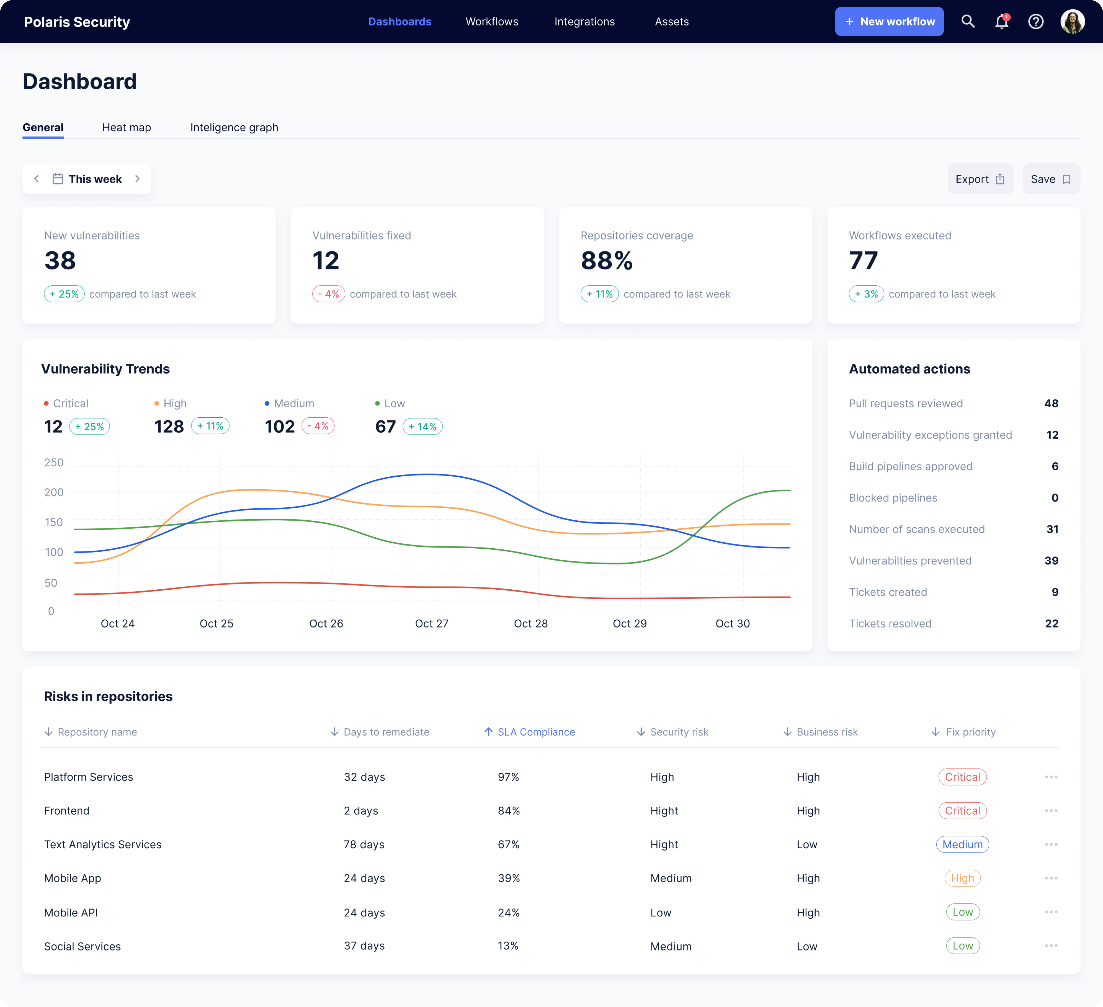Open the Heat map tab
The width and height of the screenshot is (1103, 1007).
point(126,127)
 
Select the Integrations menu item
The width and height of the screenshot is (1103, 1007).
point(584,21)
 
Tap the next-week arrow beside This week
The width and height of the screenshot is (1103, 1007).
point(137,179)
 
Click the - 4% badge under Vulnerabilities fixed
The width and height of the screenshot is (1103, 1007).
point(328,294)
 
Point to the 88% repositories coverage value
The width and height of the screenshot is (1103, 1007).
point(606,261)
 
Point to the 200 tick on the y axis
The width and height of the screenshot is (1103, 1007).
point(54,492)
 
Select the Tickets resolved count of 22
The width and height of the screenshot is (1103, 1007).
point(1051,623)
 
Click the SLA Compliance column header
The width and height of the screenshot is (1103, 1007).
point(536,732)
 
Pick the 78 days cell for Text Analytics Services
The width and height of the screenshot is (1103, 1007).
point(364,844)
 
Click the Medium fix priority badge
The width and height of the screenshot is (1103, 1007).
point(962,844)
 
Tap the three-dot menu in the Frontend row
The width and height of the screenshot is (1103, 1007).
point(1050,811)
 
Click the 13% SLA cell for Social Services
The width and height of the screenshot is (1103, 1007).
point(508,946)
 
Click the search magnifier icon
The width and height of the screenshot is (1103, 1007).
point(968,21)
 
